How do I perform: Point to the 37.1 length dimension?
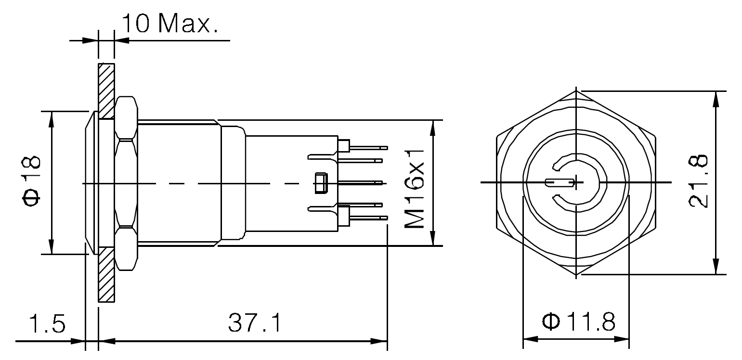click(254, 324)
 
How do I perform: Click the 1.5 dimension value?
click(47, 324)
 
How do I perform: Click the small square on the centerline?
click(320, 183)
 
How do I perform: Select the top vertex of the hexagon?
click(576, 90)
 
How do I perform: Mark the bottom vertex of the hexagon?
click(576, 276)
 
